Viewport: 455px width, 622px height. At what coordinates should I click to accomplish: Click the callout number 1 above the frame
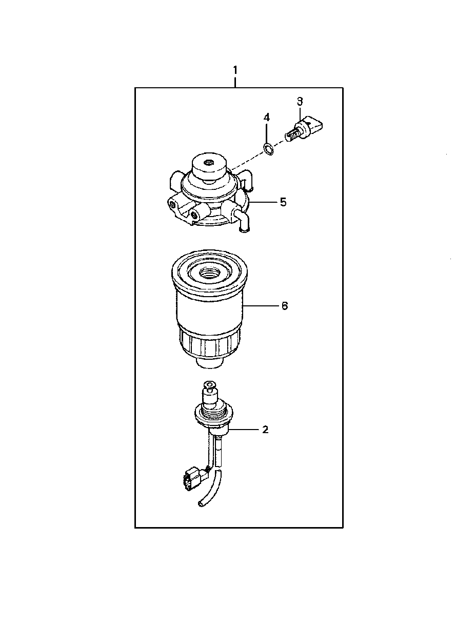tap(235, 70)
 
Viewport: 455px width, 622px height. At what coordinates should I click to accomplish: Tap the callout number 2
tap(265, 429)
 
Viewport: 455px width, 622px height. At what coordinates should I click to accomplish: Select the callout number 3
tap(300, 101)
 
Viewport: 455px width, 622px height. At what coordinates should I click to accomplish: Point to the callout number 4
tap(266, 118)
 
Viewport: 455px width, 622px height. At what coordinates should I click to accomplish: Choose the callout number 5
tap(283, 202)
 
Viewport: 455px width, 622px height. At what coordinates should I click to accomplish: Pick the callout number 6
tap(285, 306)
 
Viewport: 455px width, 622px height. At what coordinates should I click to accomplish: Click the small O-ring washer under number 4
tap(268, 149)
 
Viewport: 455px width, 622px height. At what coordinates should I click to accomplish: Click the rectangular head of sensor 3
tap(314, 125)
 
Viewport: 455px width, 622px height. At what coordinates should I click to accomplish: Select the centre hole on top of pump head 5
tap(209, 163)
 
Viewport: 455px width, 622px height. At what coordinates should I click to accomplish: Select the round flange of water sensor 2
tap(210, 415)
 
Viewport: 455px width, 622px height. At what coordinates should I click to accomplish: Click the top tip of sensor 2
tap(209, 384)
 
